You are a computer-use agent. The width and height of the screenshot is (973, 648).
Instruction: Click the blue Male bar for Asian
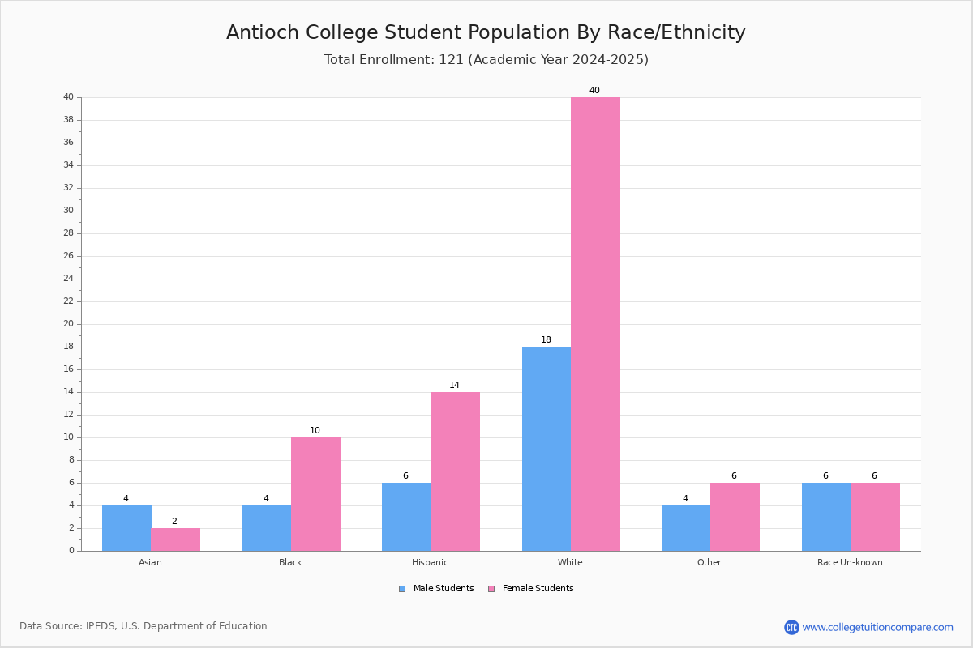[126, 528]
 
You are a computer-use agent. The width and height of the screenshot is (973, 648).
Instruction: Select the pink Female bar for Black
[315, 494]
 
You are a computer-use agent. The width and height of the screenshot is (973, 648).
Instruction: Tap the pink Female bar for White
[595, 324]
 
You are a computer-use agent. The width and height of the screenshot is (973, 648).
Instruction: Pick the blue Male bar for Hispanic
[406, 517]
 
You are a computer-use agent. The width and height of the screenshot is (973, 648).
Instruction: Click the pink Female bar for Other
[735, 517]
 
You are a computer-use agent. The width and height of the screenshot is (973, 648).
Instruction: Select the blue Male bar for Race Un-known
[826, 517]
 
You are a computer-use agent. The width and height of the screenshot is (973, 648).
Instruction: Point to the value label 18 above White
[546, 340]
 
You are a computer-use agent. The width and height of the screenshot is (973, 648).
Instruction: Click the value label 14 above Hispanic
[454, 385]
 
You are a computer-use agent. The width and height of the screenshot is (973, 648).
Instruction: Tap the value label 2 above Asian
[174, 521]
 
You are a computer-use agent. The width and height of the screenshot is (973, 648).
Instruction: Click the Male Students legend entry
[436, 589]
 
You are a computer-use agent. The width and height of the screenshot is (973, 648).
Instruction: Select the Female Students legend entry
[531, 589]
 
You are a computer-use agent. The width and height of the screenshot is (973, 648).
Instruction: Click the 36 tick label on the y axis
[69, 143]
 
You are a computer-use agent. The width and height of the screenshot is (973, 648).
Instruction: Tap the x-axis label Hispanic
[430, 562]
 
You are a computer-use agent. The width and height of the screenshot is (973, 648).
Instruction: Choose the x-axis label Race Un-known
[850, 562]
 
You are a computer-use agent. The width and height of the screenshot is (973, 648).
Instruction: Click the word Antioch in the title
[263, 32]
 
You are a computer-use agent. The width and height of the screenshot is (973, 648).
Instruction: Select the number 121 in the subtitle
[452, 59]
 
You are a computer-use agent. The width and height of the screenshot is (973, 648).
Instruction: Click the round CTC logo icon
[792, 627]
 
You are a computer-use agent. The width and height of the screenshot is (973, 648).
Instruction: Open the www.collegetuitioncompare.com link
[878, 628]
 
